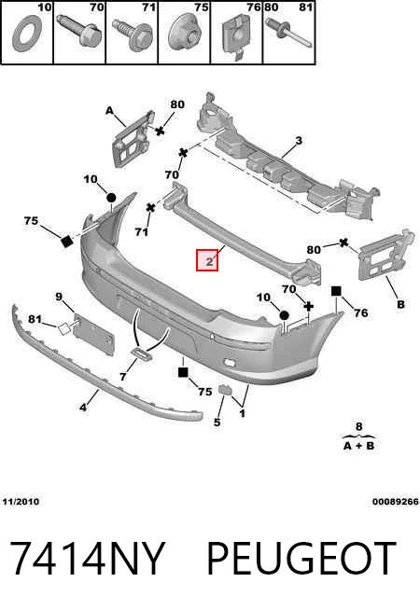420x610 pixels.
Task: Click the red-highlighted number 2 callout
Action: point(207,260)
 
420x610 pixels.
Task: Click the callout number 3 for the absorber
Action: point(299,141)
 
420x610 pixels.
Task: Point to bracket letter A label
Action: point(110,111)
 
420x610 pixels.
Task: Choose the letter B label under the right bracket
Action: point(401,304)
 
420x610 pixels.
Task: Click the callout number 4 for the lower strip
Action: point(83,408)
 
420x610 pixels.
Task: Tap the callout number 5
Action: point(217,423)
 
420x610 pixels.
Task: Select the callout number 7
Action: point(123,377)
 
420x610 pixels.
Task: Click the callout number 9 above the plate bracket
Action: point(59,297)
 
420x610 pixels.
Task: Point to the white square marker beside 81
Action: point(63,329)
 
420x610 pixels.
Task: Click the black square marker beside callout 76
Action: point(336,291)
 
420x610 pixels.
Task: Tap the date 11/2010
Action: point(21,502)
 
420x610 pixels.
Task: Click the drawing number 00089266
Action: point(396,502)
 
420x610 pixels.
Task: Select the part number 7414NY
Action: point(87,559)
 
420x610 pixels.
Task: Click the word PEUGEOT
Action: point(301,559)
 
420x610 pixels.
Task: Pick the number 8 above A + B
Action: point(359,426)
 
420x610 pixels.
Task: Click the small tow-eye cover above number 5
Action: point(225,390)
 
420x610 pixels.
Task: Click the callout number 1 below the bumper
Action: point(242,413)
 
